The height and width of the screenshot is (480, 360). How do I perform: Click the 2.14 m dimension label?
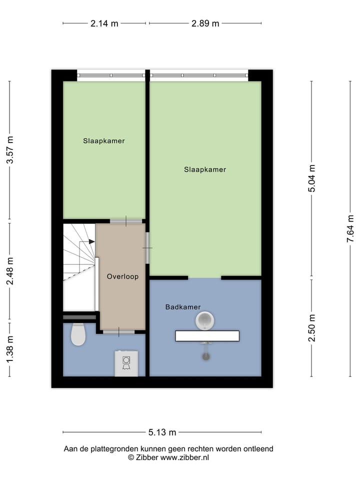click(x=104, y=23)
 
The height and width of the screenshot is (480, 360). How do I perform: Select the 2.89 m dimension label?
click(x=205, y=23)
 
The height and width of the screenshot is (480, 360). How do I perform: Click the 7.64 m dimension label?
click(x=350, y=229)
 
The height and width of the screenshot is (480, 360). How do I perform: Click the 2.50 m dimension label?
click(x=312, y=328)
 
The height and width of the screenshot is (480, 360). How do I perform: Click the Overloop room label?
click(x=122, y=276)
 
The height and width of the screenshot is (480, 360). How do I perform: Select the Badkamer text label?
click(x=183, y=307)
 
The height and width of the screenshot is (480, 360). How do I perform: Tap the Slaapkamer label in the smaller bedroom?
click(x=104, y=141)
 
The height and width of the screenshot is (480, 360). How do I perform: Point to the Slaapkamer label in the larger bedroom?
click(x=205, y=169)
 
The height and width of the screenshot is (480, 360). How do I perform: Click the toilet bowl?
click(x=78, y=334)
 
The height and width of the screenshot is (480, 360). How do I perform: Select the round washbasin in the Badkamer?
click(x=204, y=320)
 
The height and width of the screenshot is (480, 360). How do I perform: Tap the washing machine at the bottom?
click(x=126, y=362)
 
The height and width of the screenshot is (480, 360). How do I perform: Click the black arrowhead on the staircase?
click(x=91, y=241)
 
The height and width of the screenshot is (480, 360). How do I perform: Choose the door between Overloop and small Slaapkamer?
click(x=126, y=220)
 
